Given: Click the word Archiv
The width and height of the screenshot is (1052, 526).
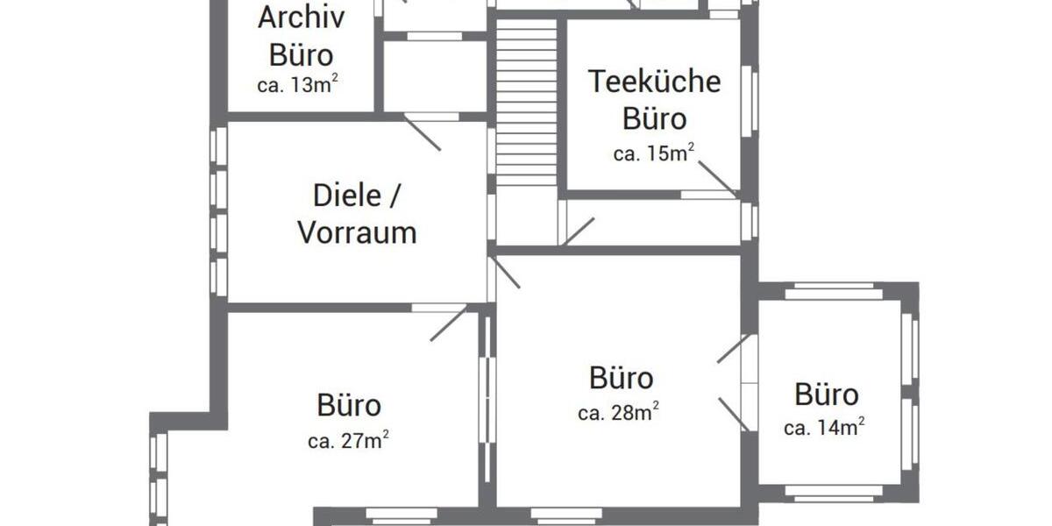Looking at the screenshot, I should click(x=302, y=18).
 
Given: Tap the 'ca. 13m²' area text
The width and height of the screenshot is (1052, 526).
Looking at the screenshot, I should click(x=298, y=85).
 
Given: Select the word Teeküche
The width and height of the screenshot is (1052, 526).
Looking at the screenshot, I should click(x=654, y=82).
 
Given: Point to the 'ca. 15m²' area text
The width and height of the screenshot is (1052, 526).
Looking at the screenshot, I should click(x=654, y=153).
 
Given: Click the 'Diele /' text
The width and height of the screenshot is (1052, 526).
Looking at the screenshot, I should click(x=358, y=195).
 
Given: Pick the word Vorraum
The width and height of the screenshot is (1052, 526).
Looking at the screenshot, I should click(x=357, y=233).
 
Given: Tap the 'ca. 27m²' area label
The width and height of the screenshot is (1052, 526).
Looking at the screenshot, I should click(x=348, y=441).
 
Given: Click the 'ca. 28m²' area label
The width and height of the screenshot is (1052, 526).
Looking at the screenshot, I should click(x=619, y=412).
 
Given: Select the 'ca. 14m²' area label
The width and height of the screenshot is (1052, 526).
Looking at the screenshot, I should click(x=824, y=427).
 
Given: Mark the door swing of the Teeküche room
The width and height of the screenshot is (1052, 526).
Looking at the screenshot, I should click(x=717, y=178).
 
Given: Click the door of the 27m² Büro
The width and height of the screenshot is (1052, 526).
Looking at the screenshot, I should click(x=448, y=323).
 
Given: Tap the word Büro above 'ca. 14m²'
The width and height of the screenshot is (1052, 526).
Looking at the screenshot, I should click(x=826, y=394).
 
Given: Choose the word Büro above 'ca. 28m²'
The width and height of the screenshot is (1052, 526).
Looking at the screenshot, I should click(x=621, y=379).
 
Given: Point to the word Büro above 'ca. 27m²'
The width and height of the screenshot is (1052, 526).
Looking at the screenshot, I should click(x=349, y=406).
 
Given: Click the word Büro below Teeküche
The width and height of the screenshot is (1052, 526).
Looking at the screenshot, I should click(x=654, y=117).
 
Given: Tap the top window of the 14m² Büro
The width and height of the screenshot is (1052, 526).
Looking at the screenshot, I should click(x=833, y=292).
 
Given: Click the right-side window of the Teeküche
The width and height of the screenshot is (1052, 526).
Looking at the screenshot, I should click(x=750, y=101).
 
